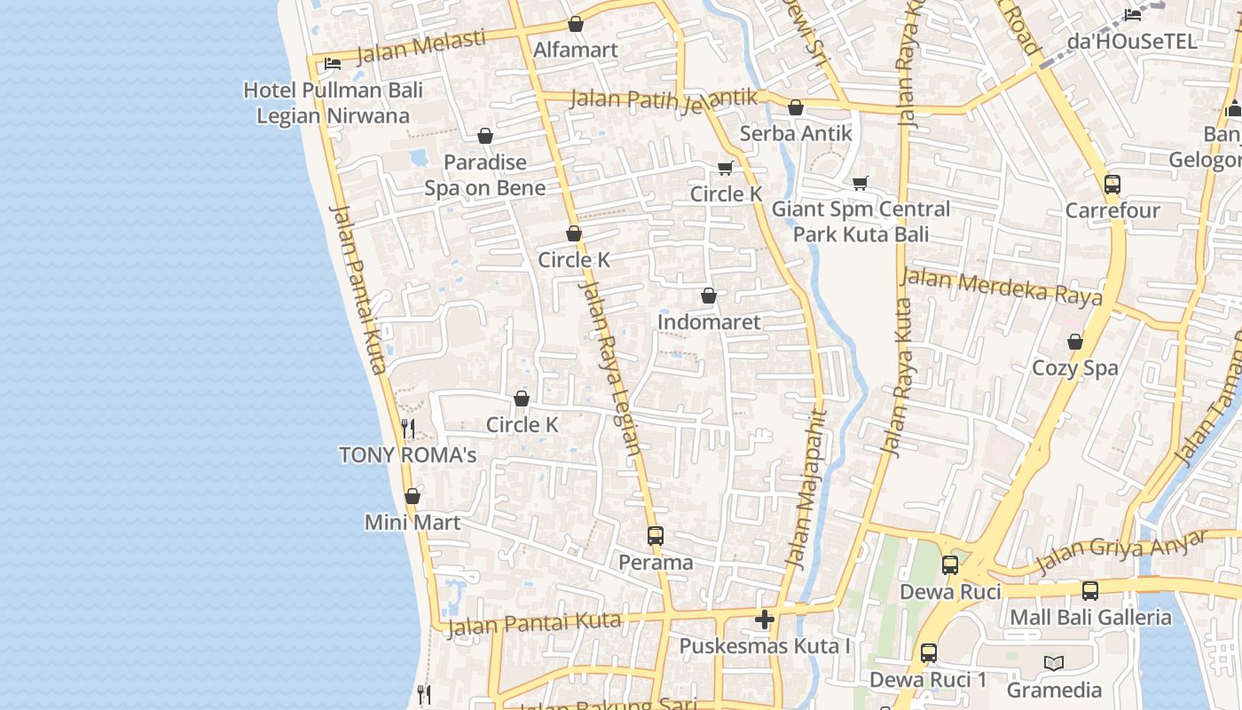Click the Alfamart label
pos(575,50)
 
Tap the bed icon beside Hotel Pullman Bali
pos(333,63)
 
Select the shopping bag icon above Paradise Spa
pos(485,136)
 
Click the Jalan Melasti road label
pos(421,48)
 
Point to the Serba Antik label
pos(795,133)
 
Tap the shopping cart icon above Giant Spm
pos(860,184)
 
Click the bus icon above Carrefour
pos(1112,185)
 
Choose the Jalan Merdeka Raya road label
pos(1002,287)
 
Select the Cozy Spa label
pos(1074,367)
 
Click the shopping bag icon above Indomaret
pos(709,296)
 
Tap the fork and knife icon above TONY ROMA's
pos(408,429)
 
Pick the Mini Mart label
pos(413,522)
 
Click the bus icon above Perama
pos(656,536)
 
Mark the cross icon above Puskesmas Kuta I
pos(765,619)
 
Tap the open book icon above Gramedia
pos(1054,663)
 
